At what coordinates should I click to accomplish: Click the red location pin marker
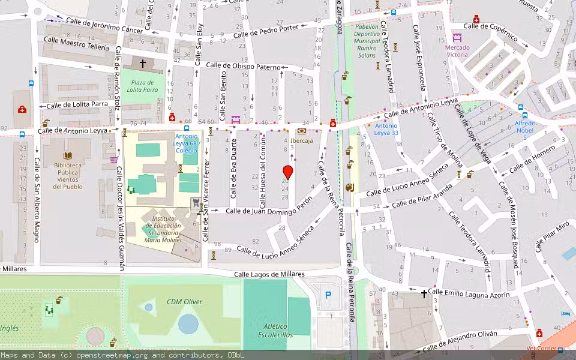point(287,172)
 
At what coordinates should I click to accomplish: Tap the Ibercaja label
point(301,141)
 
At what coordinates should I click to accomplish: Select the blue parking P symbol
point(328,295)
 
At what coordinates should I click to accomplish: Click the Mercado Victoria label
point(457,51)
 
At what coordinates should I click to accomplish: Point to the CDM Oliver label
point(184,302)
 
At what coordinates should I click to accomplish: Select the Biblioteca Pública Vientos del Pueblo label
point(67,176)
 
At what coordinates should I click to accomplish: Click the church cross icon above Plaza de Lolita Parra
point(143,62)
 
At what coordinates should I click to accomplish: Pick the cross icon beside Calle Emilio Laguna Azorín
point(424,293)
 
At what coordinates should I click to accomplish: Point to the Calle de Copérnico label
point(491,31)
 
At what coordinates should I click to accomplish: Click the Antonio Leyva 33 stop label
point(386,130)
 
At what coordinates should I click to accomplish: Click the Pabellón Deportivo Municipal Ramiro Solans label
point(366,41)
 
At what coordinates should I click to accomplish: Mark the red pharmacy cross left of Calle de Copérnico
point(476,19)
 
